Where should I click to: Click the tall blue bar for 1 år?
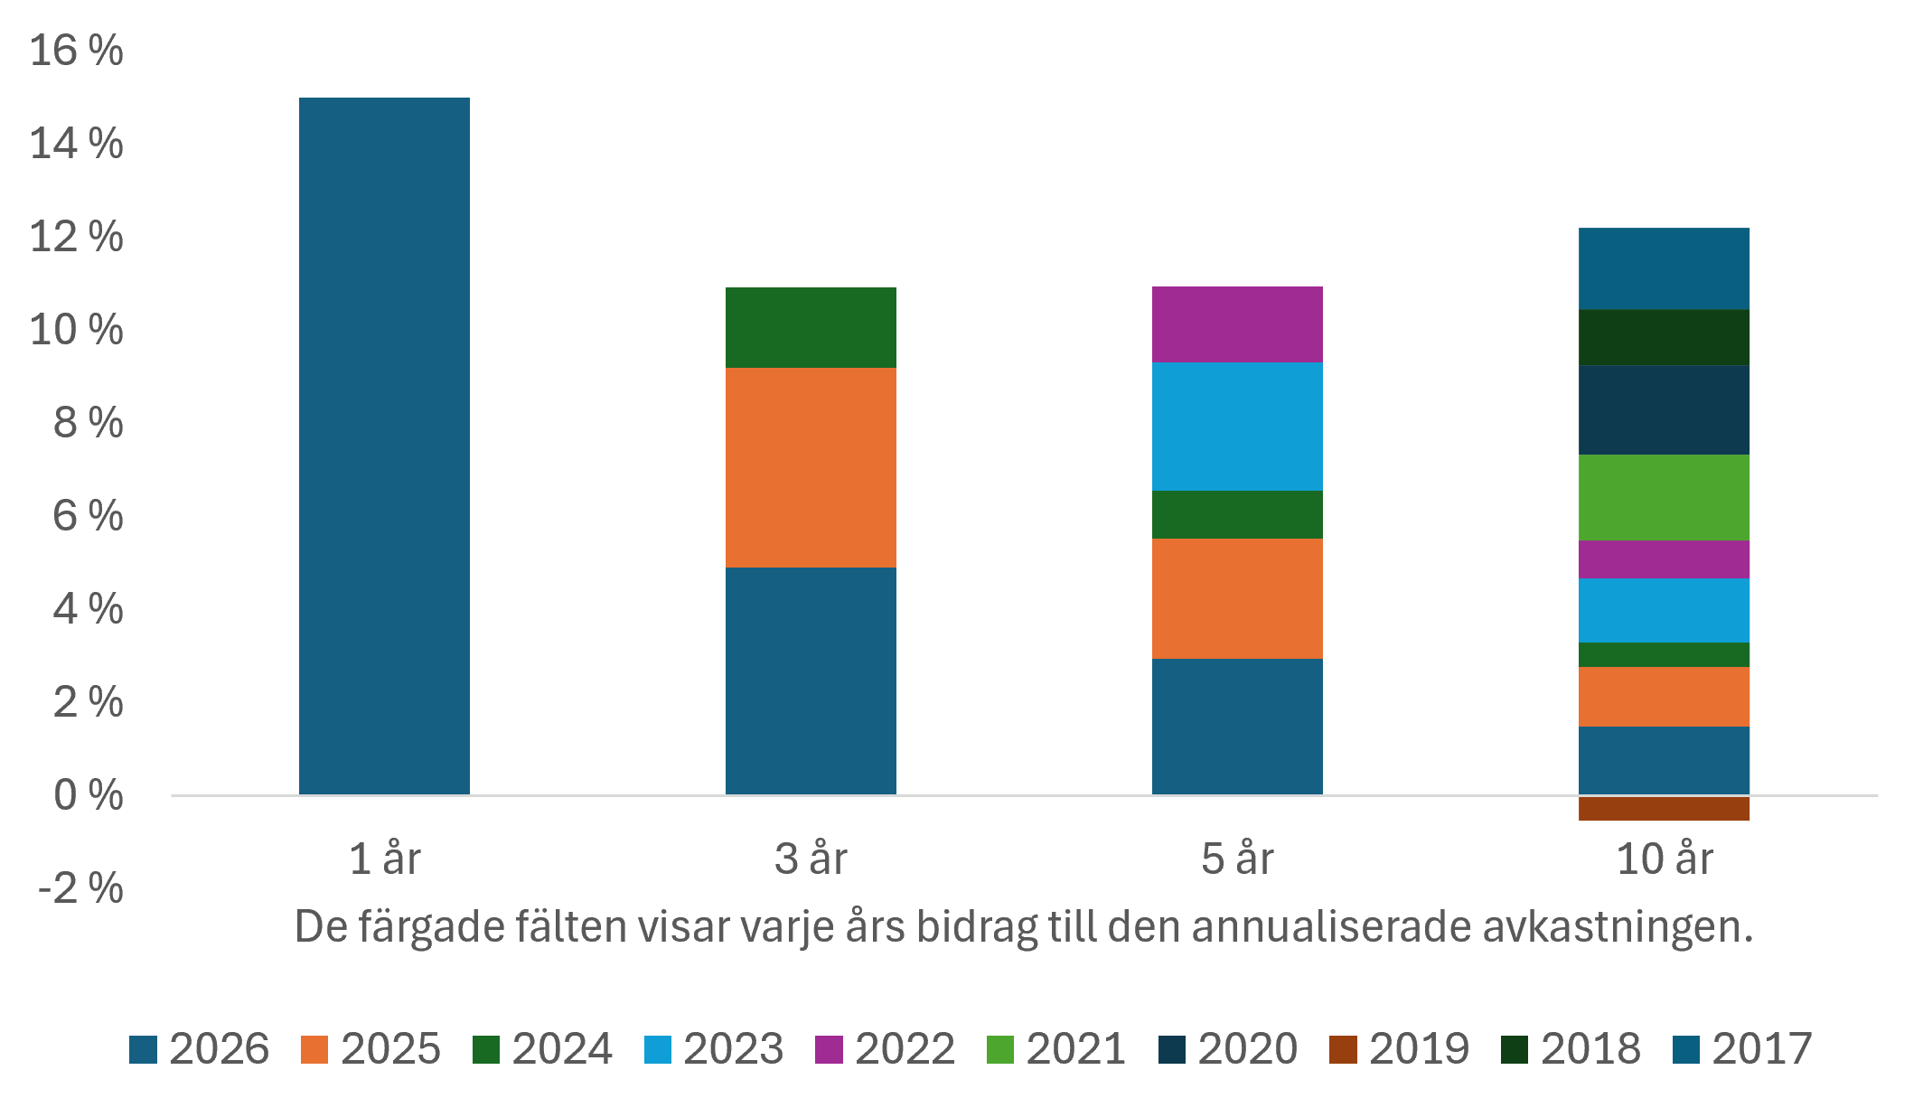(x=384, y=446)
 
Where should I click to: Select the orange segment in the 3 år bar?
(x=811, y=467)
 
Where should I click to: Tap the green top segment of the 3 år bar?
(x=811, y=327)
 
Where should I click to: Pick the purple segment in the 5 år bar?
(x=1237, y=324)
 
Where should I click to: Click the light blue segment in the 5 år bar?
(x=1237, y=427)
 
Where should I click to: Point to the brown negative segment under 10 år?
(x=1664, y=809)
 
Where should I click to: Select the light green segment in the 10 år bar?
(x=1664, y=497)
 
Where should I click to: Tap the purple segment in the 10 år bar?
(x=1664, y=559)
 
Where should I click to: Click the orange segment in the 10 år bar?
(x=1664, y=697)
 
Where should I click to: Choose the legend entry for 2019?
(x=1400, y=1049)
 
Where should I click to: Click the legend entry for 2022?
(x=886, y=1049)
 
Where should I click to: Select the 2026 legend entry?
(x=200, y=1049)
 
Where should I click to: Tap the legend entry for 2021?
(x=1056, y=1049)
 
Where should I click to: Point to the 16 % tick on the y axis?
(x=77, y=51)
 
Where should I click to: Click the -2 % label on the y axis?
(x=80, y=888)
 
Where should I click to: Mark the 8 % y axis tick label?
(x=89, y=423)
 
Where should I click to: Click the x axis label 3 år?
(x=811, y=859)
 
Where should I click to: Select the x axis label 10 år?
(x=1665, y=859)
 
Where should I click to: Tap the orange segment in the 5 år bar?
(x=1237, y=598)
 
